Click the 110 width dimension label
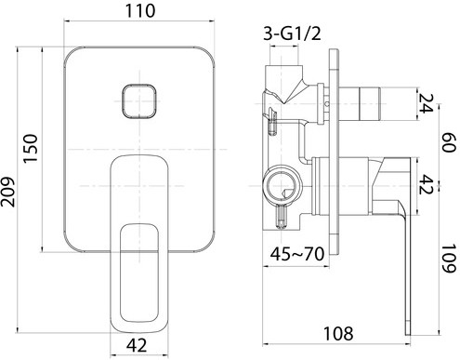point(139,11)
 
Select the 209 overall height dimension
point(7,192)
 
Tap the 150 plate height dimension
point(31,148)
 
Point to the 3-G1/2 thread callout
point(292,33)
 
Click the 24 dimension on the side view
point(426,103)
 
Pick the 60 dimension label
point(449,142)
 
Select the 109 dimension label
point(449,259)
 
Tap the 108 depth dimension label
point(338,334)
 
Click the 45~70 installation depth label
point(297,254)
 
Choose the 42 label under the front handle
point(137,345)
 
